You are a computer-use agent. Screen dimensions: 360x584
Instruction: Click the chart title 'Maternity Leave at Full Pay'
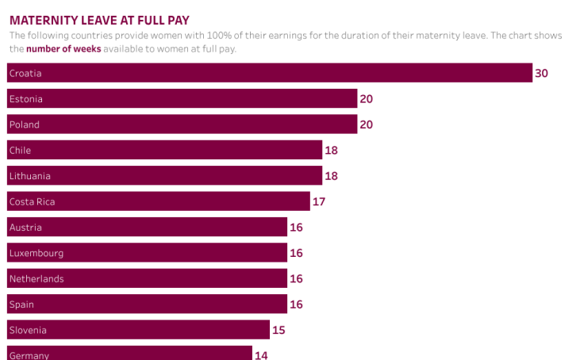tap(99, 19)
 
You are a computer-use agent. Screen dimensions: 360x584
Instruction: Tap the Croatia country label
tap(25, 73)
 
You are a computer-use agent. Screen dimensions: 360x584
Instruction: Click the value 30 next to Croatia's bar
tap(541, 73)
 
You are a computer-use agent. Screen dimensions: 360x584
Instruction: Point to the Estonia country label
tap(25, 99)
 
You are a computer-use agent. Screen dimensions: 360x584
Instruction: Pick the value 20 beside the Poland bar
tap(366, 124)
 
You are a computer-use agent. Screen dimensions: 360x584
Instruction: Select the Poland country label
tap(24, 124)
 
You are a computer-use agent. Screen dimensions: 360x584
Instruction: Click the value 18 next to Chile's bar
tap(331, 150)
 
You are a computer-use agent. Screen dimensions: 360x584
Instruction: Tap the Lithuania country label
tap(29, 176)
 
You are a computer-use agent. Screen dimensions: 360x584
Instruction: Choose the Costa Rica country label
tap(32, 201)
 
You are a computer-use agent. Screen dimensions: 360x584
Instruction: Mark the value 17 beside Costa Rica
tap(318, 201)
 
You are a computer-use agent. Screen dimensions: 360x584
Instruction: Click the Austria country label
tap(25, 228)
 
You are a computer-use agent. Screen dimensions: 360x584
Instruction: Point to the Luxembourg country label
tap(36, 253)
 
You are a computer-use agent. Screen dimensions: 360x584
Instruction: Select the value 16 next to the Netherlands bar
tap(296, 278)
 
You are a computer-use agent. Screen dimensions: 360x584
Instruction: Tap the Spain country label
tap(21, 304)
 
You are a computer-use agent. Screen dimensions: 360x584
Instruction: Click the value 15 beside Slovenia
tap(279, 330)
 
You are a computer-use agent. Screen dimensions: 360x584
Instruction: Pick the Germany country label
tap(29, 354)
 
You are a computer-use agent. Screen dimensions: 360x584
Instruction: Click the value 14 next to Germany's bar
tap(261, 354)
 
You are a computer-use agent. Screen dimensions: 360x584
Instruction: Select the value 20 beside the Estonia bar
tap(366, 99)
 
